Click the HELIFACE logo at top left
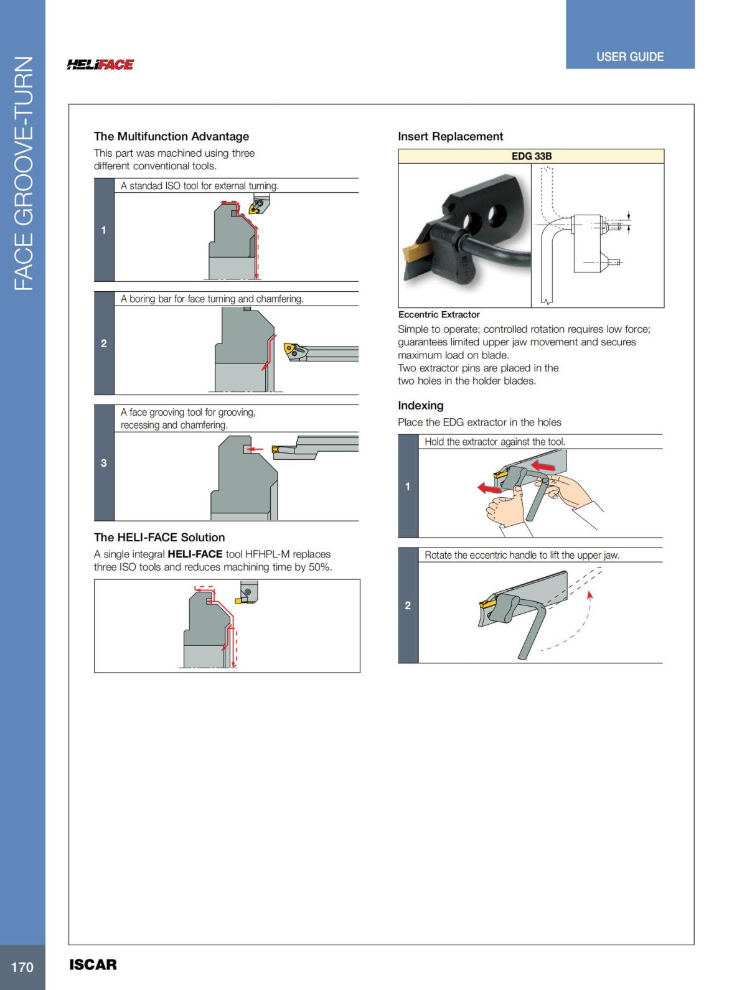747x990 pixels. [x=100, y=65]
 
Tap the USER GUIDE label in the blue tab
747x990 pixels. [x=629, y=57]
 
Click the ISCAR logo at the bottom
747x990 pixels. [x=93, y=964]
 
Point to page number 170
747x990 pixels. [x=22, y=967]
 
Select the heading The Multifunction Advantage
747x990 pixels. [x=171, y=136]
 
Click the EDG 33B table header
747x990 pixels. [x=531, y=156]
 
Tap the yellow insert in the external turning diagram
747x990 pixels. [x=255, y=208]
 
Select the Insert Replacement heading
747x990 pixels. [x=450, y=136]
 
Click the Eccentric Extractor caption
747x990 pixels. [x=439, y=315]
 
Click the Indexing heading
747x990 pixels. [x=421, y=406]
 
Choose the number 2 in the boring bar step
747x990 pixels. [x=104, y=343]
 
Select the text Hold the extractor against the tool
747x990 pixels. [x=495, y=442]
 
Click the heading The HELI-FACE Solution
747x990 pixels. [x=159, y=538]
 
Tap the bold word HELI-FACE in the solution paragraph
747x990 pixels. [x=195, y=554]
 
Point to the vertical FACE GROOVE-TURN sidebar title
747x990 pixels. [x=23, y=174]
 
